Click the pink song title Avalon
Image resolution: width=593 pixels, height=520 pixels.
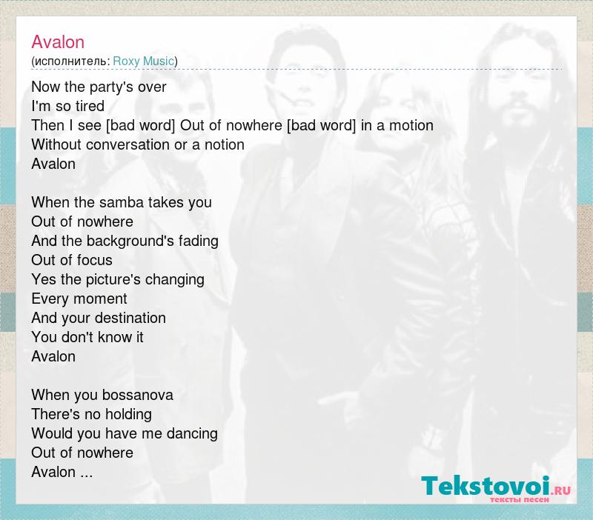coord(58,42)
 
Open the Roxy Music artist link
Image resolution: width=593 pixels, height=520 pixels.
coord(143,61)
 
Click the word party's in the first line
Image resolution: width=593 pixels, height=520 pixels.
coord(107,87)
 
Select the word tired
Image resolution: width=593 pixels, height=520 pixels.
coord(90,106)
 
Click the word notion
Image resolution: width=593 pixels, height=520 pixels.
coord(225,144)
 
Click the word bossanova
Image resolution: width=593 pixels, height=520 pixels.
coord(138,396)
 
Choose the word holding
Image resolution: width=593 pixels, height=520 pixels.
coord(128,415)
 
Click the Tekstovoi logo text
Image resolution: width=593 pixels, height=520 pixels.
coord(486,486)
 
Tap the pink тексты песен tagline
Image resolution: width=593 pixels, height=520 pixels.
coord(520,499)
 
